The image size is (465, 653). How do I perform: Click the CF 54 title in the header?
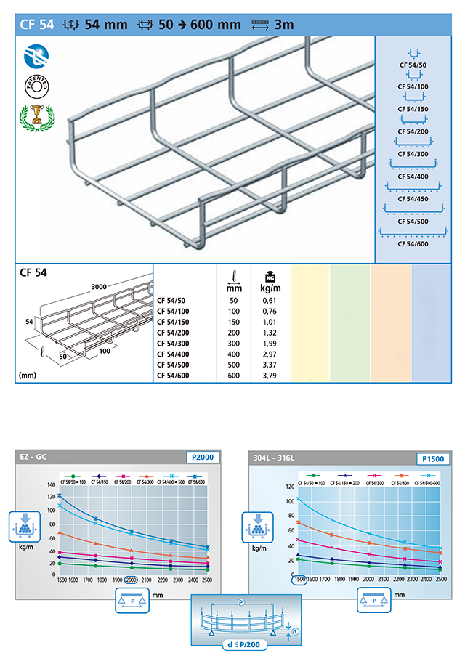[36, 24]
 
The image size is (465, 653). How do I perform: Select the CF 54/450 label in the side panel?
[413, 198]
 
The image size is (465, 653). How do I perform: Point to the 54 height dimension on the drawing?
[28, 320]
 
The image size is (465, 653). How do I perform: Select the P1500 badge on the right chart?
[434, 458]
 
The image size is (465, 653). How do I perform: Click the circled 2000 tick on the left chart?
[131, 580]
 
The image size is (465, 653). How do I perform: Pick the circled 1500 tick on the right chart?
[299, 580]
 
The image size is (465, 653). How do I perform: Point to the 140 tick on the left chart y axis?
[50, 484]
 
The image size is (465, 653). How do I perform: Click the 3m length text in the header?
[283, 24]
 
